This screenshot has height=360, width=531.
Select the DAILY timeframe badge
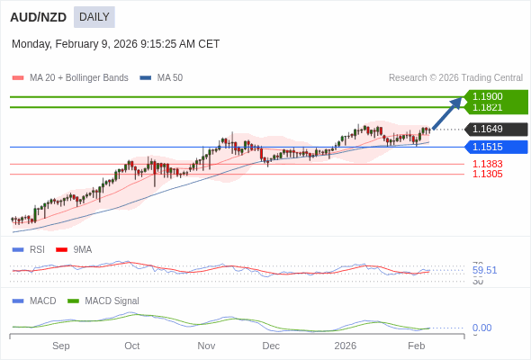[94, 17]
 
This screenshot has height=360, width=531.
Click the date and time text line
[115, 44]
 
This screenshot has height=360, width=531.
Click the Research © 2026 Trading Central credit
[455, 78]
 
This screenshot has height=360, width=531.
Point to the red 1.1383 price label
[487, 164]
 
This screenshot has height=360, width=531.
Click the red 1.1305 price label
[487, 174]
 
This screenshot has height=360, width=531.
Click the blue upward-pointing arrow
[447, 112]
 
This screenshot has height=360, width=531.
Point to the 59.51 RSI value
[484, 270]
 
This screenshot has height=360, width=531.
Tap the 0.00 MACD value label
[481, 328]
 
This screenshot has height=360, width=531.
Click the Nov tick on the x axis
[206, 346]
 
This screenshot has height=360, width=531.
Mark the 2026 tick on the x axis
[345, 346]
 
